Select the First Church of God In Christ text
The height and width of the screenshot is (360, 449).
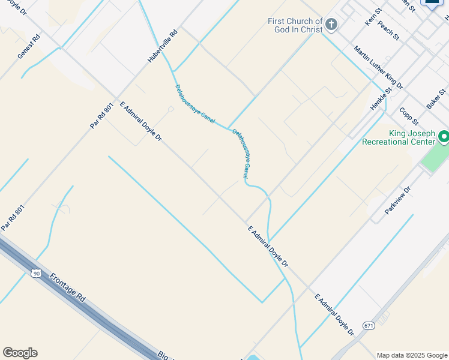pos(295,26)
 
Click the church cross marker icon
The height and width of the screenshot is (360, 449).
pos(331,25)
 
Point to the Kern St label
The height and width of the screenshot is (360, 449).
pos(373,17)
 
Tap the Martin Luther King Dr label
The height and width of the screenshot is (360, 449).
pos(378,67)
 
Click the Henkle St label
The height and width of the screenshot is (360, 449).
pos(381,98)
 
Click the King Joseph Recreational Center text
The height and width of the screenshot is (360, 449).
pos(399,137)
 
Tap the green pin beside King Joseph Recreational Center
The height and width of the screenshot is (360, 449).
pos(444,137)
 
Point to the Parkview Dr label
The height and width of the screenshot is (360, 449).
pos(398,200)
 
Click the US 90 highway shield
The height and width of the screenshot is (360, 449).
pos(36,273)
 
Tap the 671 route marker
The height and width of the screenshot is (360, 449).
pos(368,326)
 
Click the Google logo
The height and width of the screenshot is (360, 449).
pos(20,353)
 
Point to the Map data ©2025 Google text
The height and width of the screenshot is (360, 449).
pos(411,355)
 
